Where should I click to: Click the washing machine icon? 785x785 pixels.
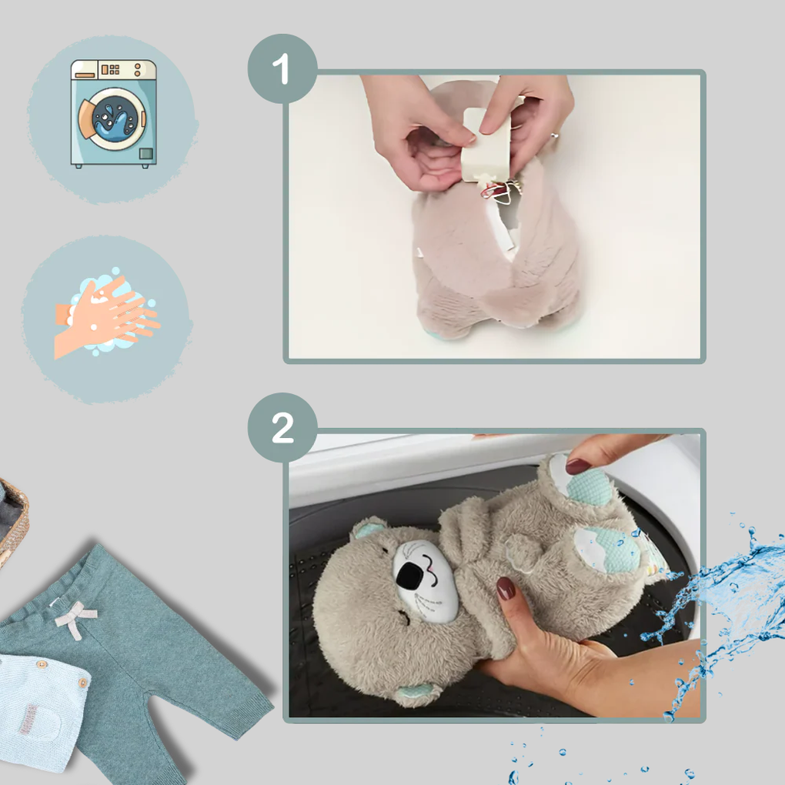[113, 113]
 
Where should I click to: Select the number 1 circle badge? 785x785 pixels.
[282, 69]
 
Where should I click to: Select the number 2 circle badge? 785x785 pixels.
[282, 428]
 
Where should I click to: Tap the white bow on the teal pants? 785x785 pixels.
[75, 617]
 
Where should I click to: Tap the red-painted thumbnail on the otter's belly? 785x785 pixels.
[506, 589]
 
